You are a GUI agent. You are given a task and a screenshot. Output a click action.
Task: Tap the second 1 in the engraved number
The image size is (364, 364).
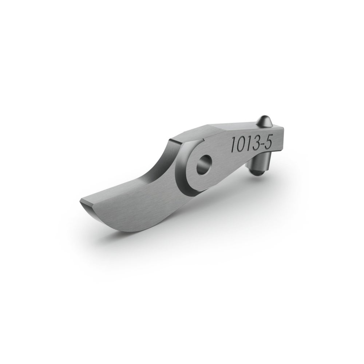tap(248, 143)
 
